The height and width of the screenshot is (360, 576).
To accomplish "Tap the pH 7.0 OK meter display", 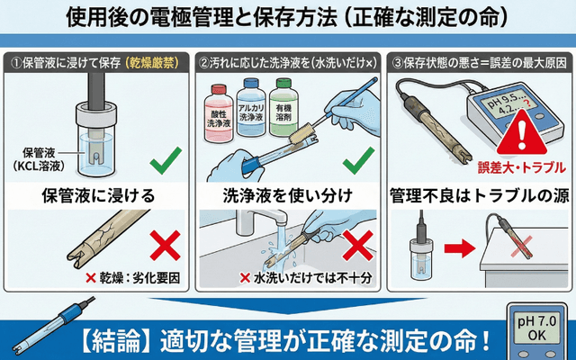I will point(536,328).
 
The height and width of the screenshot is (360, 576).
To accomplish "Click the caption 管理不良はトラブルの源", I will point(477,193).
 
